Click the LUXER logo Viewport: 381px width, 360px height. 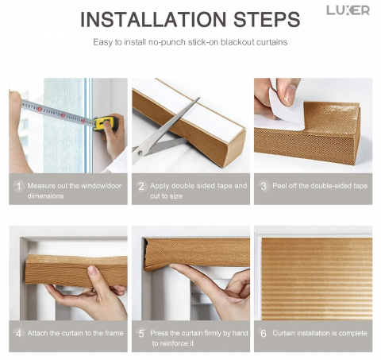click(348, 10)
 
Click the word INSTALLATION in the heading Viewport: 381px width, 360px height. click(153, 19)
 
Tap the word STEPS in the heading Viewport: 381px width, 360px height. click(267, 19)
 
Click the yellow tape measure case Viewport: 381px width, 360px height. click(106, 123)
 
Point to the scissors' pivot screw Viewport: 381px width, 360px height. click(140, 153)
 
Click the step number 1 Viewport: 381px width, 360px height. click(18, 186)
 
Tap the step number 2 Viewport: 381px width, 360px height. click(141, 186)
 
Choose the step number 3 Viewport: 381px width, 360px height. click(264, 186)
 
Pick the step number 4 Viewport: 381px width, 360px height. click(18, 333)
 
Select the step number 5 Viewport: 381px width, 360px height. click(141, 333)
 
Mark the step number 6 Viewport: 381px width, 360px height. click(264, 333)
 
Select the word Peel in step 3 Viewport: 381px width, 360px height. click(279, 186)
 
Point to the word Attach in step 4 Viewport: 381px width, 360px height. click(37, 333)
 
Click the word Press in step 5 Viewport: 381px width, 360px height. click(159, 333)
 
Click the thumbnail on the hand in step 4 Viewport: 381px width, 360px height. click(92, 270)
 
